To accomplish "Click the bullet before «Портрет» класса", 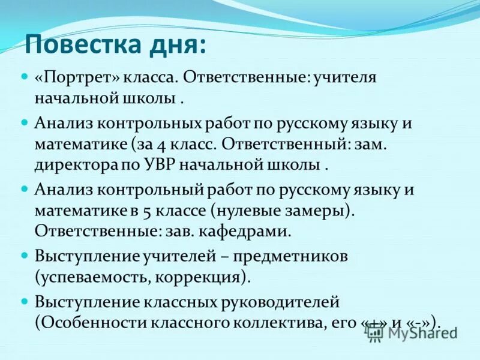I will click(x=25, y=77).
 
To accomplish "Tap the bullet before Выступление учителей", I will click(x=25, y=255).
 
